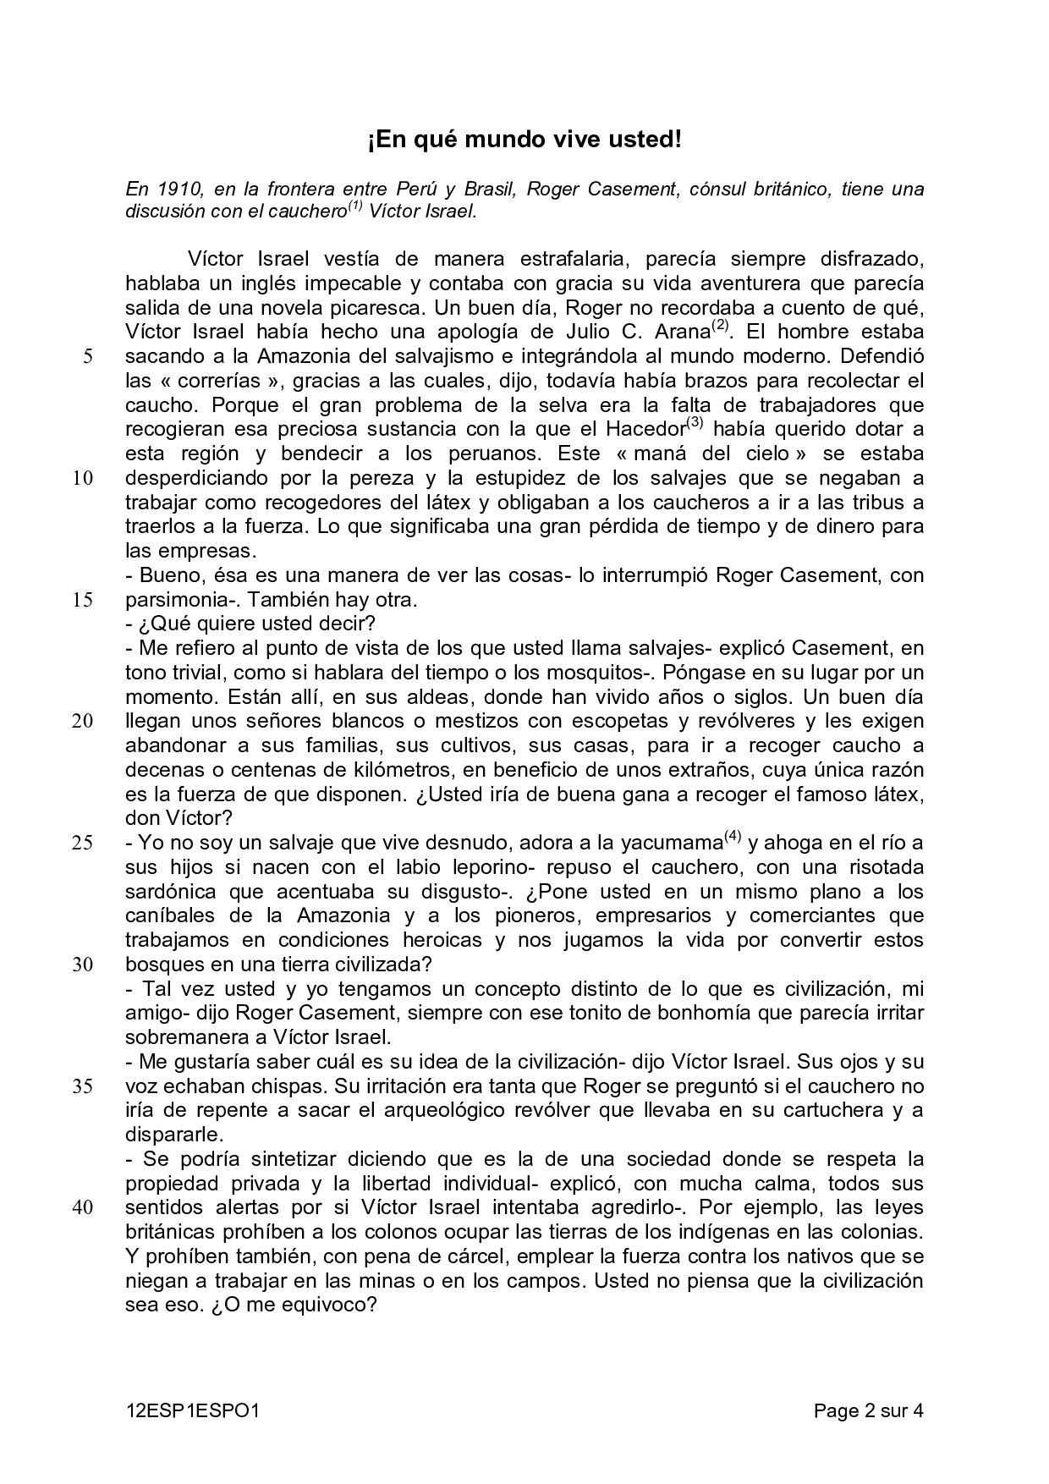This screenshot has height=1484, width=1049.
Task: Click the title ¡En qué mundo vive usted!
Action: pyautogui.click(x=524, y=140)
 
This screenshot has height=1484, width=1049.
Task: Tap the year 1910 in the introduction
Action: pyautogui.click(x=177, y=189)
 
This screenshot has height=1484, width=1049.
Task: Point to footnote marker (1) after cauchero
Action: pyautogui.click(x=354, y=206)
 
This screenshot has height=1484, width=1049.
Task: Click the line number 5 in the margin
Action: pyautogui.click(x=87, y=356)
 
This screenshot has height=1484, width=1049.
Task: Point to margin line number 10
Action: pyautogui.click(x=82, y=478)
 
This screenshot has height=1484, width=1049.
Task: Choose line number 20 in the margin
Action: pyautogui.click(x=82, y=722)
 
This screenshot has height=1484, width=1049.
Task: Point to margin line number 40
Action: pyautogui.click(x=82, y=1208)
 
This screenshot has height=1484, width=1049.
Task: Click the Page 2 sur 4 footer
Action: pyautogui.click(x=868, y=1410)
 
